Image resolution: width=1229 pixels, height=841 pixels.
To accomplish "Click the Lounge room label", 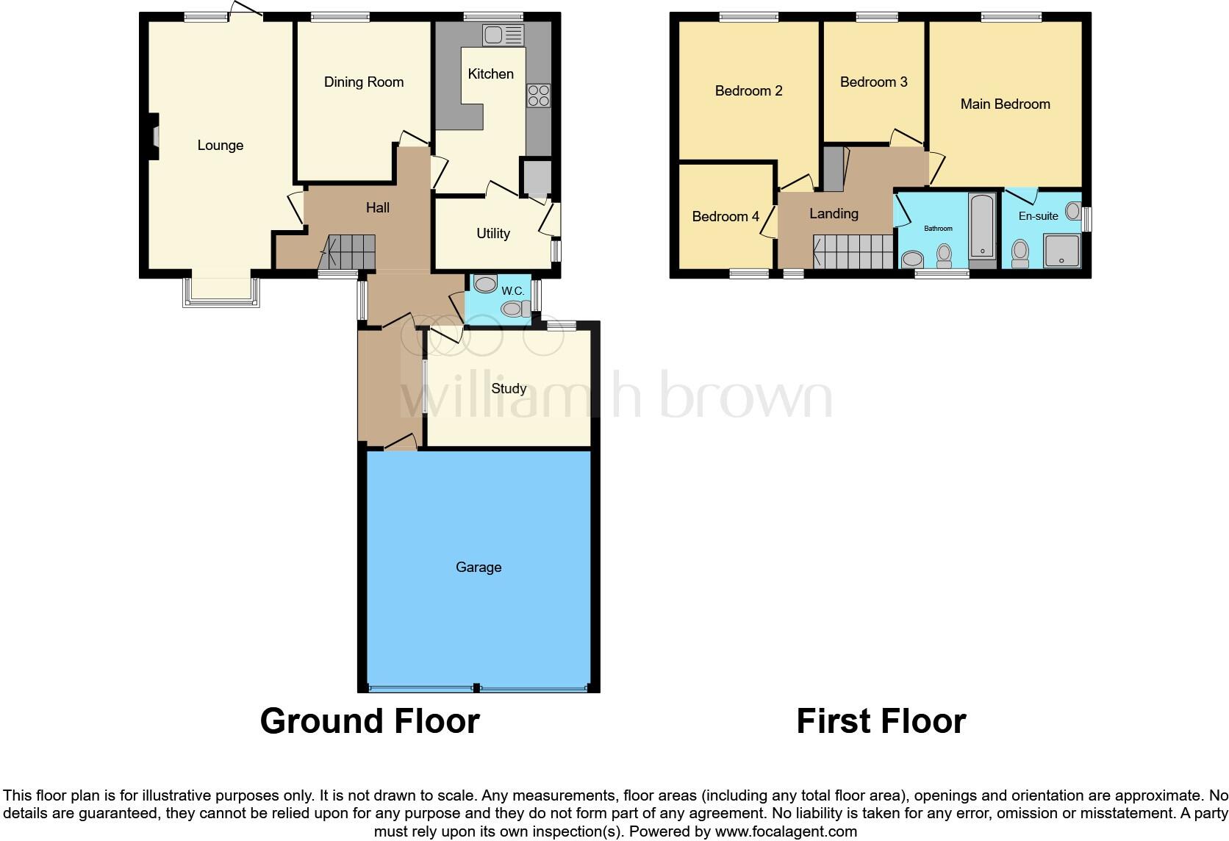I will [x=220, y=146].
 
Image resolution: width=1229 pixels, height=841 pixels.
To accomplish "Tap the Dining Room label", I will [x=364, y=82].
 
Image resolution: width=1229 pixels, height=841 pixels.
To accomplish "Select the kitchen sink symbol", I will [x=503, y=35].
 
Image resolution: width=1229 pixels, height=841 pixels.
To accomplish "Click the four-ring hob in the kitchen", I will [x=538, y=96].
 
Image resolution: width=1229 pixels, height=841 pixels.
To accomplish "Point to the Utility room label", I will [x=492, y=234].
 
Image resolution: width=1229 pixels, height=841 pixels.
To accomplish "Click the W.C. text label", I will [x=513, y=291].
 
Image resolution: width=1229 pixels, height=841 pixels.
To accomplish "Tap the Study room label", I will [x=509, y=388].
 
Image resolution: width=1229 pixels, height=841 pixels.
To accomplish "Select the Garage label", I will [x=479, y=567].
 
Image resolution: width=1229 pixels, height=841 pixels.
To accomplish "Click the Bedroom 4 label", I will [x=725, y=217].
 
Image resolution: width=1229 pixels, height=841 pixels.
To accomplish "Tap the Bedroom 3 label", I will [x=873, y=82].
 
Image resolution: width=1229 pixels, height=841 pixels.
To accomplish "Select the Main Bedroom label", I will [x=1005, y=104].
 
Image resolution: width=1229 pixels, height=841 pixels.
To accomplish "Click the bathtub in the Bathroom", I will [x=981, y=226].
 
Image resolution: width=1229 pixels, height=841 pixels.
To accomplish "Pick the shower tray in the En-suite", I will [x=1062, y=251].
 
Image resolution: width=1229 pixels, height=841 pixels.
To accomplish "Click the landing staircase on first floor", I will [x=853, y=251].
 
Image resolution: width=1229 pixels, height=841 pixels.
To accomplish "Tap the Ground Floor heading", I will [x=370, y=721].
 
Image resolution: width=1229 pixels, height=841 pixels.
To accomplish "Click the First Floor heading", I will [x=881, y=721].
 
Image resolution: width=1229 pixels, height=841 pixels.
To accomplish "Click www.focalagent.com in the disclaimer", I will [x=786, y=832].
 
